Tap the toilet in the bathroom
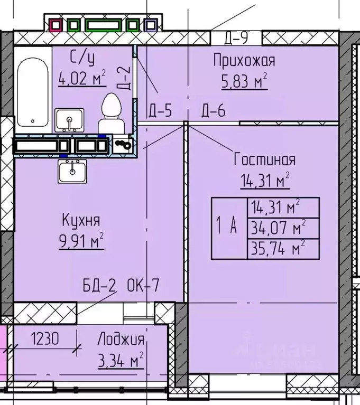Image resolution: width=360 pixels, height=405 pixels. click(111, 114)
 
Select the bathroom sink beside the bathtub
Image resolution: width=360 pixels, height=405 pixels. click(69, 120)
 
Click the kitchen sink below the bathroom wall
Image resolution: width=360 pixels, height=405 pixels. click(71, 171)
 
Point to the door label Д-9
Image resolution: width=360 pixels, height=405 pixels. click(236, 38)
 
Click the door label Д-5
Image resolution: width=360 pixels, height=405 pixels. click(160, 111)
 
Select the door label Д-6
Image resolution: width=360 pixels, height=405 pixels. click(214, 111)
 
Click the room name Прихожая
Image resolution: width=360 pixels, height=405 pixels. click(244, 61)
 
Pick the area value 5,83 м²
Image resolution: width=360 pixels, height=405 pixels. click(244, 81)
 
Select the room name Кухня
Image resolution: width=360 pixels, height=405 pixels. click(81, 220)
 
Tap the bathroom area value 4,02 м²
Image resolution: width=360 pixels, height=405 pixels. click(82, 80)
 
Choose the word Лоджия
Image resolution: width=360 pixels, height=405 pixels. click(121, 340)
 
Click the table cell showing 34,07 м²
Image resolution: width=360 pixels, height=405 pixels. click(283, 228)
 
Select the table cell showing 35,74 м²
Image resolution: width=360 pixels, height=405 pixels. click(283, 248)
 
